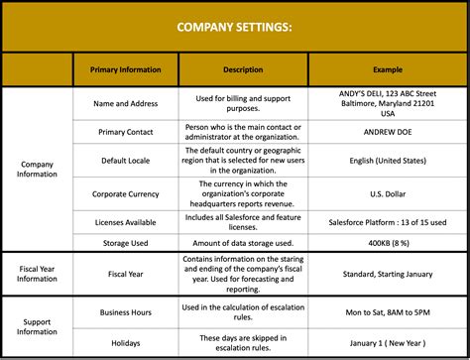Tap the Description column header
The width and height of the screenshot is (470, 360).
pyautogui.click(x=243, y=69)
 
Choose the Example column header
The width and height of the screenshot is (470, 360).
pyautogui.click(x=388, y=69)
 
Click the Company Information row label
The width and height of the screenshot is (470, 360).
pyautogui.click(x=37, y=171)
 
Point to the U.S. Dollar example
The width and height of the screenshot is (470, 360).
pyautogui.click(x=388, y=194)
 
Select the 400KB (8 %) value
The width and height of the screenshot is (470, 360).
pyautogui.click(x=388, y=243)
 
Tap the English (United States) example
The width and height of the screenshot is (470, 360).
pyautogui.click(x=388, y=161)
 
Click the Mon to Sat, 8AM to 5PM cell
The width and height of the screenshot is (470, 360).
pyautogui.click(x=388, y=312)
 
